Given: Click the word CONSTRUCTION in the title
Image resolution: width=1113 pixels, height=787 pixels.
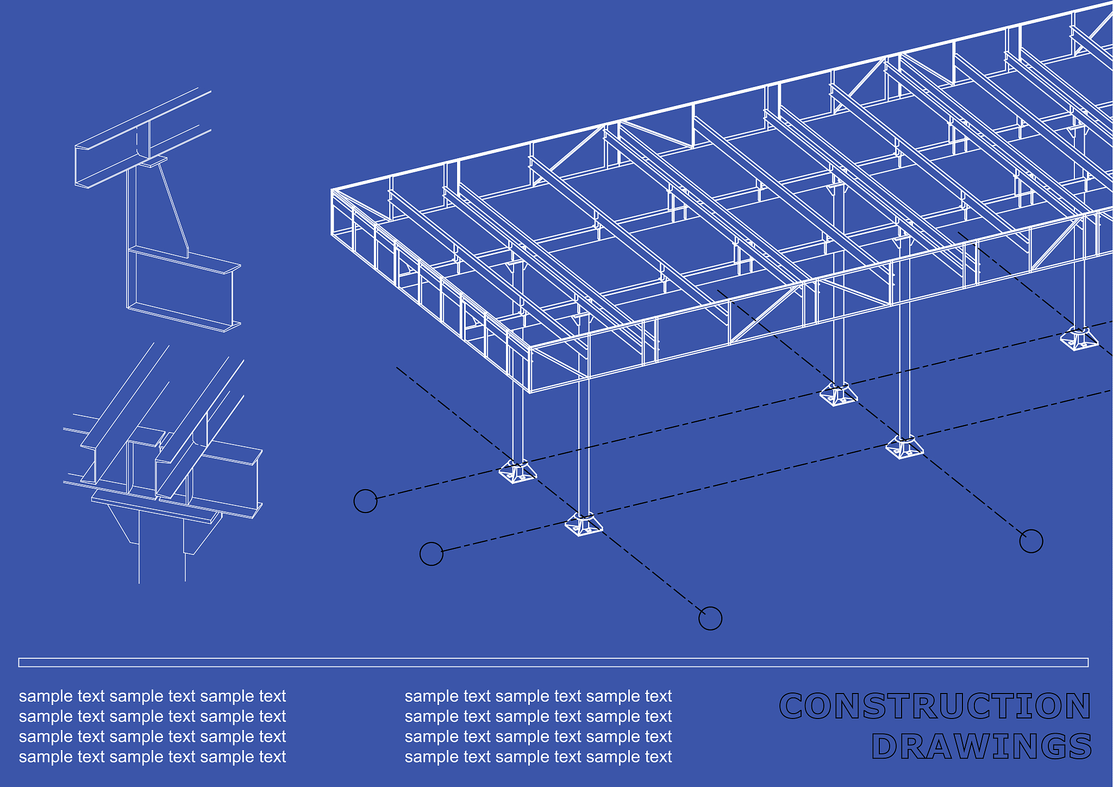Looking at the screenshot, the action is coord(935,705).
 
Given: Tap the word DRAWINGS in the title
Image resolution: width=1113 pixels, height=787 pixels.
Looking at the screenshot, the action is coord(981,746).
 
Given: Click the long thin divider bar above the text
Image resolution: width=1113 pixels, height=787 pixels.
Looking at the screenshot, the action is coord(553,662).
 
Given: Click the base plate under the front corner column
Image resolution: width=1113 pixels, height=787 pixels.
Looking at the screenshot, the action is coord(584,525).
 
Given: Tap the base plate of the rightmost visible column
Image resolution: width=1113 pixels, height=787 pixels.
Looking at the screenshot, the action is coord(1079,339).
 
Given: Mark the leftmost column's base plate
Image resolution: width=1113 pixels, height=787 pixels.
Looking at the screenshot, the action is coord(518,472).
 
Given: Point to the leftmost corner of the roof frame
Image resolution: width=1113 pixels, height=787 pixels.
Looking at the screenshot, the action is coord(331,190).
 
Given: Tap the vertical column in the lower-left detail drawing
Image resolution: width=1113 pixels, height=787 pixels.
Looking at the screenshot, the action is coord(162,546).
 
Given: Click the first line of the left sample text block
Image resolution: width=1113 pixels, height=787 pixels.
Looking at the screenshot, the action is coord(152,696).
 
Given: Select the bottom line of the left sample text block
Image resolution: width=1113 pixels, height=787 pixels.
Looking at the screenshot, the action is coord(152,757).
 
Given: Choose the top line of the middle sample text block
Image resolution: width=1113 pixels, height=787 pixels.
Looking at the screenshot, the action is coord(538,696).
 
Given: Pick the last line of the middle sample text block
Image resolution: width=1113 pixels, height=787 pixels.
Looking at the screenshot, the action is coord(538,757).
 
